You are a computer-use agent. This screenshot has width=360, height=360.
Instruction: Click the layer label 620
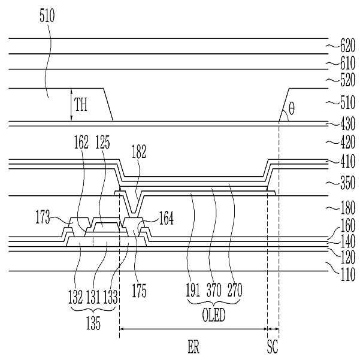click(x=347, y=46)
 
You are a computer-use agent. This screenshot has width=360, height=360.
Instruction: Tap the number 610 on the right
click(x=347, y=63)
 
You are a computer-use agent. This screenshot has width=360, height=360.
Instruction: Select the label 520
click(x=347, y=80)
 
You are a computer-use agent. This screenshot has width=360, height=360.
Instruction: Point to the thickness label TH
click(x=81, y=104)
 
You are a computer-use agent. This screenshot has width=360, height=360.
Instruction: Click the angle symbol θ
click(x=291, y=108)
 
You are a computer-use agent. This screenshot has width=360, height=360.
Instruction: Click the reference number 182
click(x=139, y=152)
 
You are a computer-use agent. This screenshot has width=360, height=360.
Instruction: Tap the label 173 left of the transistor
click(x=43, y=217)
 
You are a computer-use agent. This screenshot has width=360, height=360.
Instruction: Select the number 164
click(x=167, y=218)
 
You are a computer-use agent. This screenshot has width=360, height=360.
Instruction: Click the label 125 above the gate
click(x=102, y=142)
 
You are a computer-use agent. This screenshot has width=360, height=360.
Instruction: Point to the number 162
click(x=81, y=142)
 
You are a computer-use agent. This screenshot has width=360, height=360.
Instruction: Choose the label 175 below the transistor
click(x=139, y=291)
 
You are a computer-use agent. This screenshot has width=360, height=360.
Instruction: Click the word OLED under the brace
click(x=213, y=315)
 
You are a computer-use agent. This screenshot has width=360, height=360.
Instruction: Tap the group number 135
click(x=93, y=323)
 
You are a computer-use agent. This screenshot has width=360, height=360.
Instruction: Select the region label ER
click(x=193, y=347)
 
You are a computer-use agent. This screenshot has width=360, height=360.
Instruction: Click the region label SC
click(x=273, y=347)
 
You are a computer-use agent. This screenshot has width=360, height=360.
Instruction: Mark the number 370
click(x=214, y=290)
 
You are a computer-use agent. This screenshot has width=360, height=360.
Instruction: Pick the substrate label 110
click(x=347, y=274)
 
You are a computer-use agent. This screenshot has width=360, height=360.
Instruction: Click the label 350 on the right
click(x=347, y=183)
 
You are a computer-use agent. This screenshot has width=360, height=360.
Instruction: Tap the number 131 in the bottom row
click(x=93, y=297)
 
